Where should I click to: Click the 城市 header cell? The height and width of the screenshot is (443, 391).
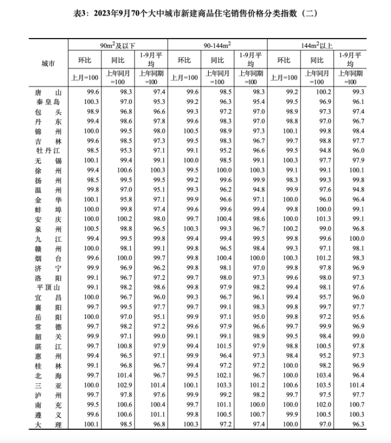click(x=48, y=64)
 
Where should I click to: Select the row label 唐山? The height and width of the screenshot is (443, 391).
click(x=48, y=92)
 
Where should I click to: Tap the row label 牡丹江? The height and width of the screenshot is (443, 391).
click(x=48, y=150)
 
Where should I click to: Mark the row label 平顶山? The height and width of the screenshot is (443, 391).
click(x=48, y=287)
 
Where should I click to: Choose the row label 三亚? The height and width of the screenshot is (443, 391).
click(x=48, y=385)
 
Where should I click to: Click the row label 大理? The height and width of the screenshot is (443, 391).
click(x=48, y=424)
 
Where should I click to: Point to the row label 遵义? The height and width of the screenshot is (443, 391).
click(x=48, y=414)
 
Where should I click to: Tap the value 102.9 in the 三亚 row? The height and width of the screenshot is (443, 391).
click(x=118, y=385)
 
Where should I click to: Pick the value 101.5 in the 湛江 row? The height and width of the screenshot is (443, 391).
click(x=218, y=346)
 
